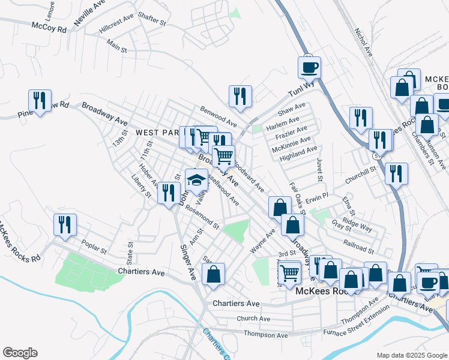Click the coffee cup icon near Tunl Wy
(x=309, y=67)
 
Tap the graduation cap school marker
(x=196, y=179)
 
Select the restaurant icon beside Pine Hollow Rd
(x=40, y=100)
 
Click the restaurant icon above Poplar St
(x=65, y=224)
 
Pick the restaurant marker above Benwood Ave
(x=240, y=95)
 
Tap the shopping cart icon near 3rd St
(x=290, y=273)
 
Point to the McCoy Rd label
(x=49, y=27)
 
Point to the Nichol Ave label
(x=363, y=43)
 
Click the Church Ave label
(x=253, y=319)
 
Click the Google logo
(x=20, y=353)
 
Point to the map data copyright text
(x=411, y=355)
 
